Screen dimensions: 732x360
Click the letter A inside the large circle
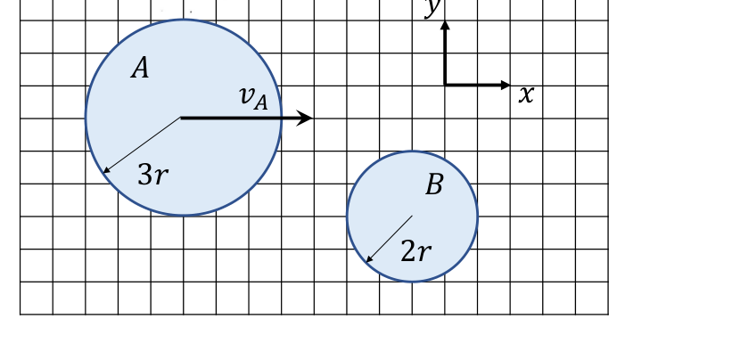140,68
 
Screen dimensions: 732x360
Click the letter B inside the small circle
434,184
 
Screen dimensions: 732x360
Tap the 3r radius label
152,176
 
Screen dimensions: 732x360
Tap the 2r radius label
415,252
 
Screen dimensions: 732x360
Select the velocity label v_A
253,98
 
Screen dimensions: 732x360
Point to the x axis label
526,94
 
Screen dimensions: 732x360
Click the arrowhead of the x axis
506,85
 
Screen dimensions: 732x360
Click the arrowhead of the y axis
446,25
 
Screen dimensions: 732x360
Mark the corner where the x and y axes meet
446,85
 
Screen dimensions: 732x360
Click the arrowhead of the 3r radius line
105,171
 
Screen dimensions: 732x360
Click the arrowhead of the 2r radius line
369,259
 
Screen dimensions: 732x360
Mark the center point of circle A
181,118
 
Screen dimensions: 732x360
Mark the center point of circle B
413,216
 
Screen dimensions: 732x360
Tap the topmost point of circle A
184,20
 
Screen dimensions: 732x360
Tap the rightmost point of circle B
478,217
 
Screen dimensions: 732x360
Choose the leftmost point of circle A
86,118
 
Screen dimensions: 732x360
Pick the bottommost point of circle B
413,282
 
